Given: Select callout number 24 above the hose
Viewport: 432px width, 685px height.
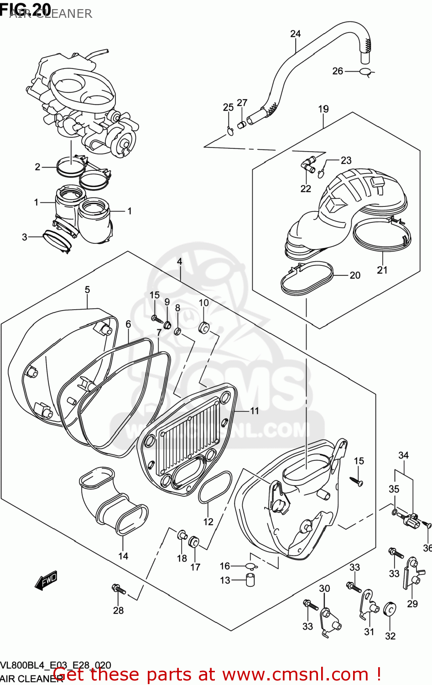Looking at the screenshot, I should [296, 34].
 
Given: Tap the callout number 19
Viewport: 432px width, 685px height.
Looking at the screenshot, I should [323, 109].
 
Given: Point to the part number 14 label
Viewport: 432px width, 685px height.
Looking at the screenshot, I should [123, 556].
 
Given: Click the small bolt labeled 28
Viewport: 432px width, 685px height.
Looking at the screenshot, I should [119, 590].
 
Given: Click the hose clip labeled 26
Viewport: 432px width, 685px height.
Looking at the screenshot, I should [366, 72].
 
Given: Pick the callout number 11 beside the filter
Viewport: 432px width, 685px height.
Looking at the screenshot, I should [255, 411].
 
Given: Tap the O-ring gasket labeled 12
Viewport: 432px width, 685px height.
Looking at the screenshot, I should [215, 487].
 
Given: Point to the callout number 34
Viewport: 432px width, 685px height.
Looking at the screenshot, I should [403, 455].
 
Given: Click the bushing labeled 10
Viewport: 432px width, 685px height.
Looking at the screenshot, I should [204, 327].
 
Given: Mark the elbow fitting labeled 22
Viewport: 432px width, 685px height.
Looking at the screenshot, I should [307, 164].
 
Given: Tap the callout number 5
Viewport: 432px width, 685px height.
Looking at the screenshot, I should [87, 290].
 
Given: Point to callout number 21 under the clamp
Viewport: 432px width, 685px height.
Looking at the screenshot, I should [382, 270].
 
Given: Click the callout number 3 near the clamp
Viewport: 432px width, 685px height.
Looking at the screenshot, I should [25, 237].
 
